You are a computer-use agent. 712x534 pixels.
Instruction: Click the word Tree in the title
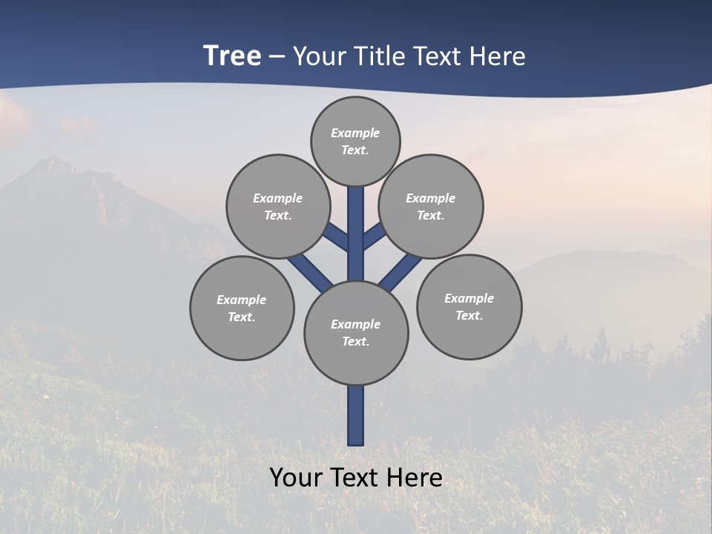[232, 56]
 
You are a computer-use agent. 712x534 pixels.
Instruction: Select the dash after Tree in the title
[277, 57]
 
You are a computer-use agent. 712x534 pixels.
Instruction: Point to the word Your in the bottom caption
[296, 478]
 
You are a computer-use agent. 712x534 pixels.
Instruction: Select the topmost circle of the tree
[355, 141]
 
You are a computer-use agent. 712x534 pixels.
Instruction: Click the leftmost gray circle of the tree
[242, 308]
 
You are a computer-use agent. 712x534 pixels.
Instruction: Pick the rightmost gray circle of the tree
[469, 306]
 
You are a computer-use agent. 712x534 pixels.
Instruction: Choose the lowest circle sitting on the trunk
[356, 333]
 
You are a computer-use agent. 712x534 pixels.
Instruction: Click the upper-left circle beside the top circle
[277, 206]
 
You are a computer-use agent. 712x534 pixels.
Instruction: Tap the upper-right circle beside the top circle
[431, 206]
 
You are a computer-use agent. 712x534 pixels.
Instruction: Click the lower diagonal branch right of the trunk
[400, 271]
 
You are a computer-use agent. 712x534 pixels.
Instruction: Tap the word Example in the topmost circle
[355, 133]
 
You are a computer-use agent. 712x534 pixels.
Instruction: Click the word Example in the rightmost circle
[469, 298]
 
